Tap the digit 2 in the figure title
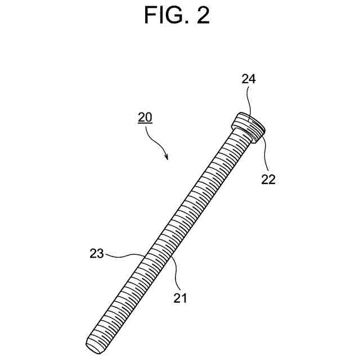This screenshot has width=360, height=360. (x=201, y=15)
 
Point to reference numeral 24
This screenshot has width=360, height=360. (x=249, y=79)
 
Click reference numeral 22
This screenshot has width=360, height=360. (x=268, y=180)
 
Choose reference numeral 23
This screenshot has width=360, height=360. (x=96, y=254)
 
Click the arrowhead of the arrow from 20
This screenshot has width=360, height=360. (x=167, y=158)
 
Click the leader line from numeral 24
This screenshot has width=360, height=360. (x=250, y=101)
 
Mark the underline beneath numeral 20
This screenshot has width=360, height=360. (x=145, y=123)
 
